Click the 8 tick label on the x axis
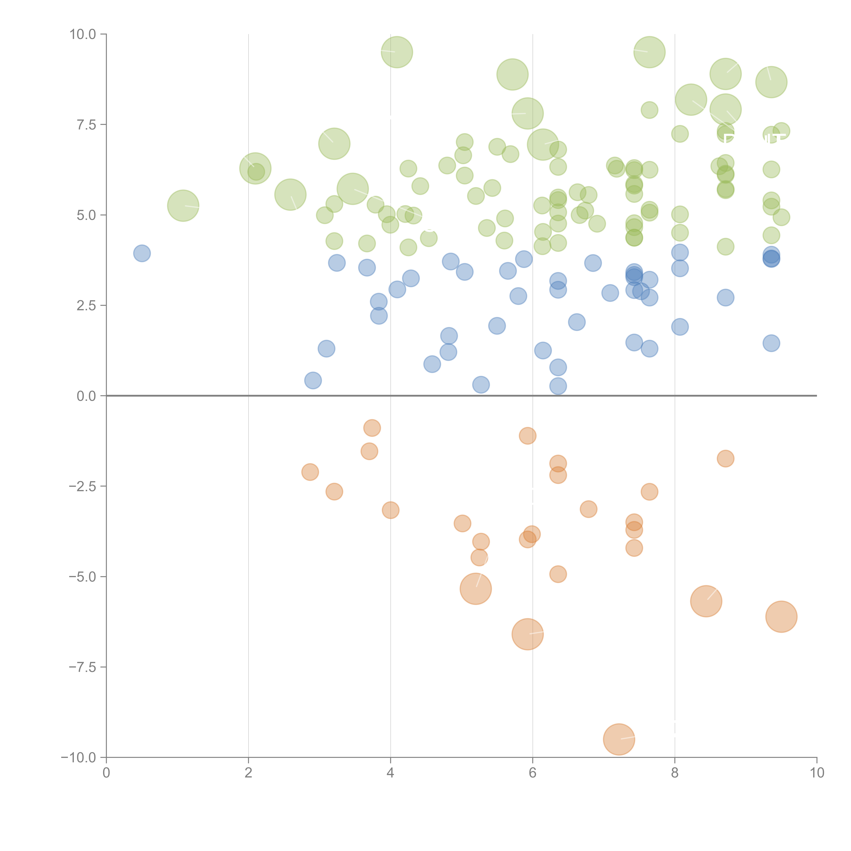pyautogui.click(x=675, y=773)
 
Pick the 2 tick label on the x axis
pyautogui.click(x=248, y=773)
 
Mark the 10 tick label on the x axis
pyautogui.click(x=817, y=773)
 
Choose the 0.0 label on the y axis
pyautogui.click(x=86, y=396)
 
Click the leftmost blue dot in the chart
pyautogui.click(x=142, y=253)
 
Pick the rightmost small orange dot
pyautogui.click(x=725, y=459)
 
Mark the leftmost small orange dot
pyautogui.click(x=310, y=472)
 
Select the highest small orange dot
pyautogui.click(x=372, y=428)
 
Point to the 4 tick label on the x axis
pyautogui.click(x=390, y=773)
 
